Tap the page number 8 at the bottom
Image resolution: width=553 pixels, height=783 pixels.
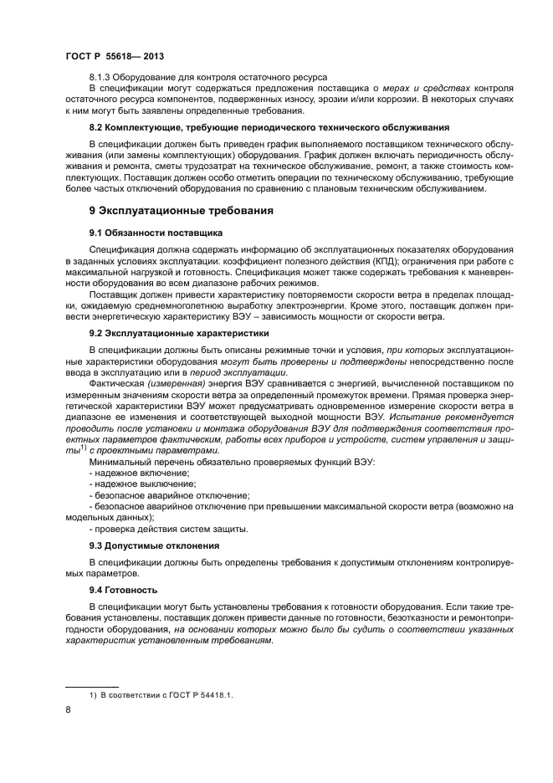69,709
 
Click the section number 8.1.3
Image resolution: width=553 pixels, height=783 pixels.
102,76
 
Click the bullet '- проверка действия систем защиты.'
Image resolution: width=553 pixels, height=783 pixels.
168,528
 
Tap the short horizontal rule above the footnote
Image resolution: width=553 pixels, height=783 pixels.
92,685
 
